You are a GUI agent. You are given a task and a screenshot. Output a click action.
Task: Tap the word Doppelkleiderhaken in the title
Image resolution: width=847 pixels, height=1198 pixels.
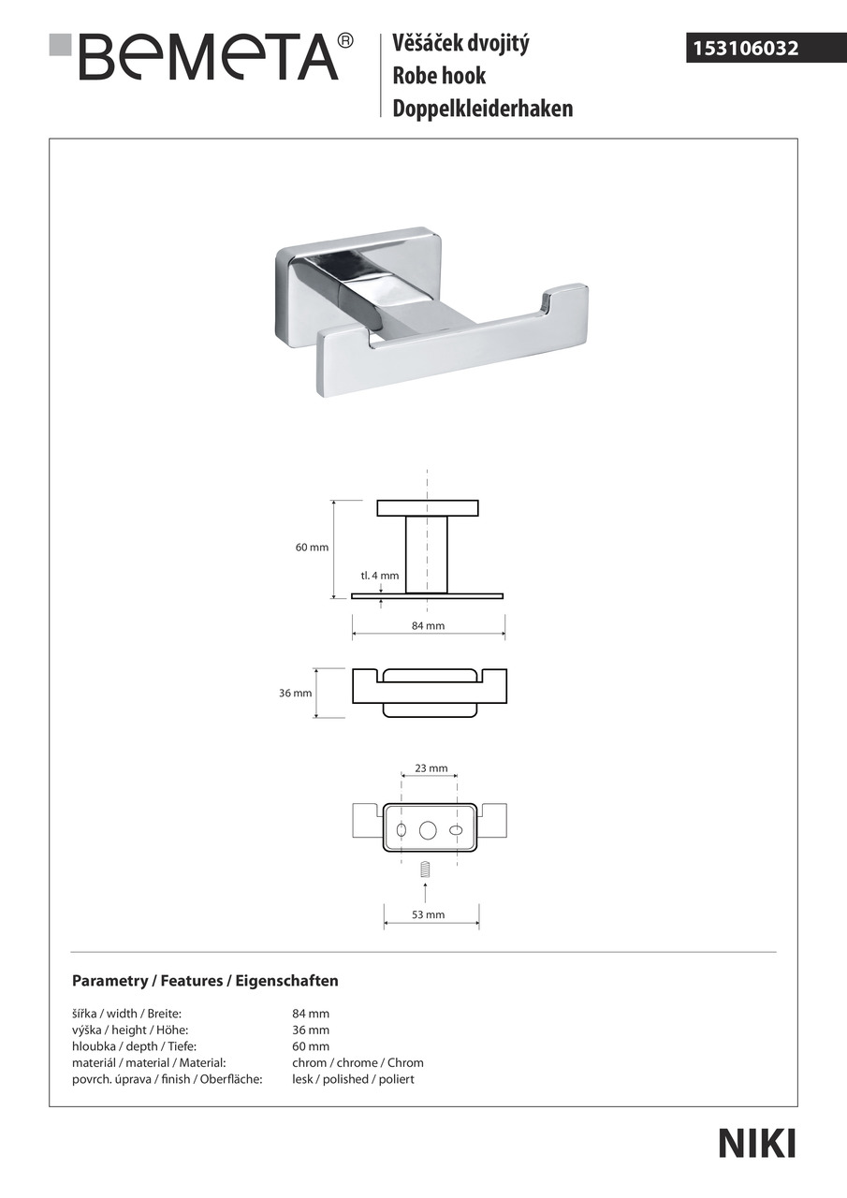(483, 110)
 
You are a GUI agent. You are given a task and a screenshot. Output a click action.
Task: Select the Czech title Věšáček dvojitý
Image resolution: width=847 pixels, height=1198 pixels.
(460, 43)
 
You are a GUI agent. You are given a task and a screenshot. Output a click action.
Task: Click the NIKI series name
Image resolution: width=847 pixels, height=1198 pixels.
(756, 1144)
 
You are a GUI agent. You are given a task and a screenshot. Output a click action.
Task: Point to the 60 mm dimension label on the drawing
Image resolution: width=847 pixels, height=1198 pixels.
(312, 548)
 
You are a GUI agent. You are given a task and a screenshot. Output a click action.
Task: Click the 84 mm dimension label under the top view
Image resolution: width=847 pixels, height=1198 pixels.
(428, 625)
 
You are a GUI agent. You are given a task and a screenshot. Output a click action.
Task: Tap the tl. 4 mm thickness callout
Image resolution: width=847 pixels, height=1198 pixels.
(380, 576)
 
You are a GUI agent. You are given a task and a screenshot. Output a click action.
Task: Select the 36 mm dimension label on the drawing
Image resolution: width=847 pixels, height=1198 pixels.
(296, 694)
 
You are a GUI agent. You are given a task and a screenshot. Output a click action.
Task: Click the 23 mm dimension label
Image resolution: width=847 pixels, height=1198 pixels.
(431, 768)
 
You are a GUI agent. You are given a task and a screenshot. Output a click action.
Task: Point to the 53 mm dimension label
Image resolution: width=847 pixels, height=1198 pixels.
(428, 914)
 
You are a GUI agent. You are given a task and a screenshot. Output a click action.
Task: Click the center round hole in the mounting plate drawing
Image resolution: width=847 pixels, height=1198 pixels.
(429, 830)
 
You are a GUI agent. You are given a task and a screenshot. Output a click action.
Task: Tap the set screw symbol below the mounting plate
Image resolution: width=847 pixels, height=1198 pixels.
(426, 869)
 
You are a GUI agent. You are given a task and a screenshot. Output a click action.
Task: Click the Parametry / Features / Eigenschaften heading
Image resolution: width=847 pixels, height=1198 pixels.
(205, 981)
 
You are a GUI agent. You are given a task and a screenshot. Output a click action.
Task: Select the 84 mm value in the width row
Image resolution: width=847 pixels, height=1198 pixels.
(311, 1014)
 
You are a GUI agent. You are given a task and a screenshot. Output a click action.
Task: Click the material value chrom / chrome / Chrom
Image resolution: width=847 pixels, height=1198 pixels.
(358, 1062)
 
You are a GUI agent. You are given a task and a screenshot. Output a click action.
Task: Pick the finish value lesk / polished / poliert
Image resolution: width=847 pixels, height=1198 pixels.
(353, 1079)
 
